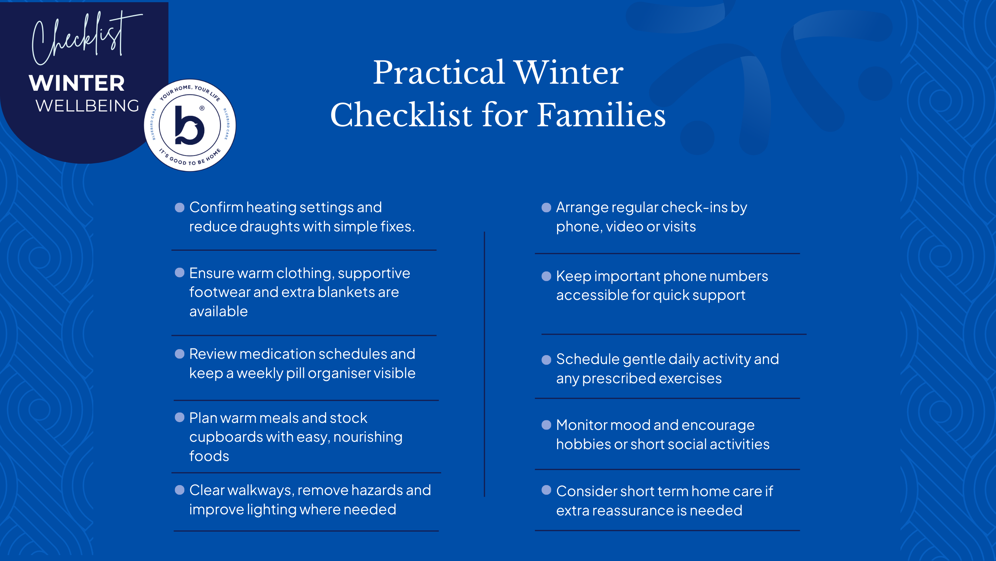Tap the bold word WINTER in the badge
(x=77, y=83)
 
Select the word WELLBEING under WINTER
(x=87, y=106)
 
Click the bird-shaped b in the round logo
(x=189, y=126)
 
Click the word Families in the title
(x=601, y=115)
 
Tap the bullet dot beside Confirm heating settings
(x=180, y=208)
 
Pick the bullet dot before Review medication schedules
(x=180, y=354)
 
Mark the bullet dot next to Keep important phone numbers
(x=546, y=276)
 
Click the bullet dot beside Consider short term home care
(x=546, y=490)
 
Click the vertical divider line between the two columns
(x=484, y=364)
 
